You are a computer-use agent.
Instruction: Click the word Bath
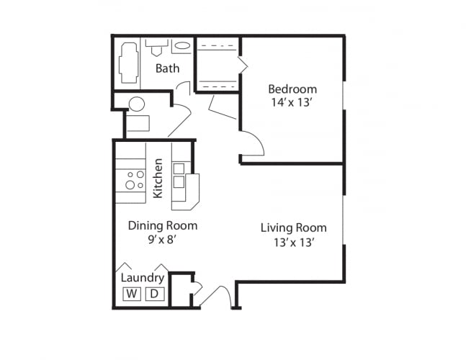[167, 68]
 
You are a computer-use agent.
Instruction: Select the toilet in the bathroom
[156, 48]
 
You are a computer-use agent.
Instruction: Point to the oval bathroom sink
[183, 47]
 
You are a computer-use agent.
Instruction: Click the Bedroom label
[292, 89]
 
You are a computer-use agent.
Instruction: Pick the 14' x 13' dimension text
[292, 102]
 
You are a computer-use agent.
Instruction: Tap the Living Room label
[293, 228]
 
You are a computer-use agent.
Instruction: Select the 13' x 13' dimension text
[293, 242]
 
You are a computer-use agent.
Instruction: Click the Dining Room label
[162, 225]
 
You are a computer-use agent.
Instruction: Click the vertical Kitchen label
[158, 179]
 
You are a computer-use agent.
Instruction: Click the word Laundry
[142, 278]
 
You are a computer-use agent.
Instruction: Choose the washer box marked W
[132, 293]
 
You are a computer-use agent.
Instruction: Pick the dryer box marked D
[154, 293]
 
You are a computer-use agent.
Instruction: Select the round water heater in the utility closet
[137, 104]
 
